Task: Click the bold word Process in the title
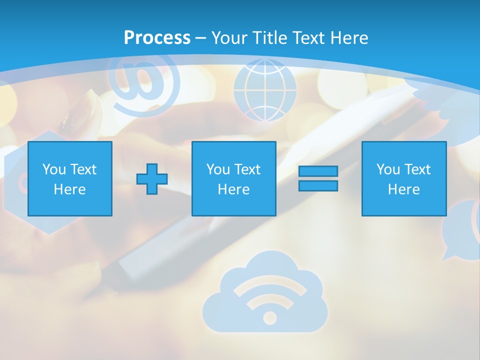coord(157,38)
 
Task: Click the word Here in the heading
coord(350,38)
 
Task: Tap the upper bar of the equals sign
coord(318,171)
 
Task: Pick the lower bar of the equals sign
coord(318,185)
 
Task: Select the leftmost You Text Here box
coord(70,178)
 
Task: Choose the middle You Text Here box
coord(233,178)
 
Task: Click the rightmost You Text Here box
coord(403,178)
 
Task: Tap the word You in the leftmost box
coord(54,169)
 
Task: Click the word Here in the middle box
coord(233,189)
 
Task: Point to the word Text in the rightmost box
coord(418,169)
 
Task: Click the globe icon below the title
coord(264,90)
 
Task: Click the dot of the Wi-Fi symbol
coord(269,318)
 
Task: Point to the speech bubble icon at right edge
coord(462,230)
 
